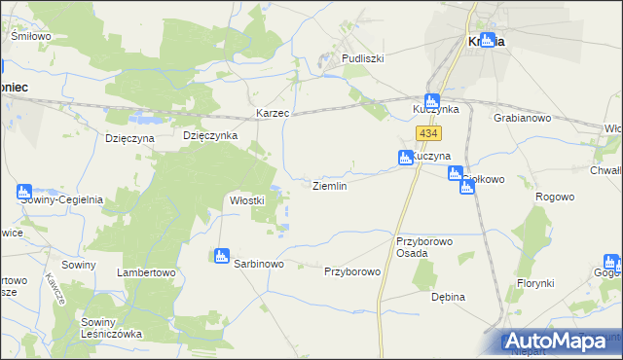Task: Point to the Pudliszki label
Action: [362, 58]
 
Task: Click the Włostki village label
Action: [247, 200]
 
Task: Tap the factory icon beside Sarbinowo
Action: [221, 256]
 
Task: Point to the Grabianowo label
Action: [523, 118]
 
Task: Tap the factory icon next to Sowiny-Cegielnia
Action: [24, 193]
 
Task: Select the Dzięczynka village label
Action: [210, 136]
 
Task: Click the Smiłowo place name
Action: [30, 36]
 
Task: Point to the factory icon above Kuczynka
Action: [432, 100]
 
